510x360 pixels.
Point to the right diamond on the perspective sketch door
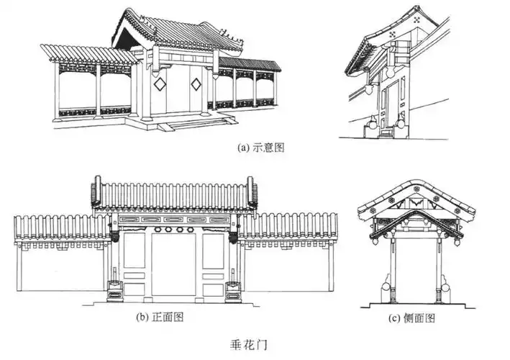pyautogui.click(x=196, y=84)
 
